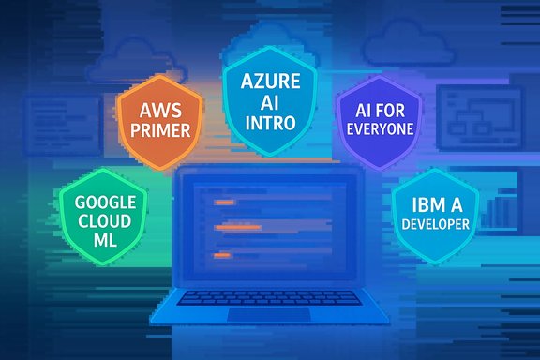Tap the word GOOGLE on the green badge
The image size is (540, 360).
click(x=105, y=201)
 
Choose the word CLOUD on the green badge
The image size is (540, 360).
click(x=105, y=220)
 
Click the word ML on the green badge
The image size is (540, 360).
click(x=105, y=240)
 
